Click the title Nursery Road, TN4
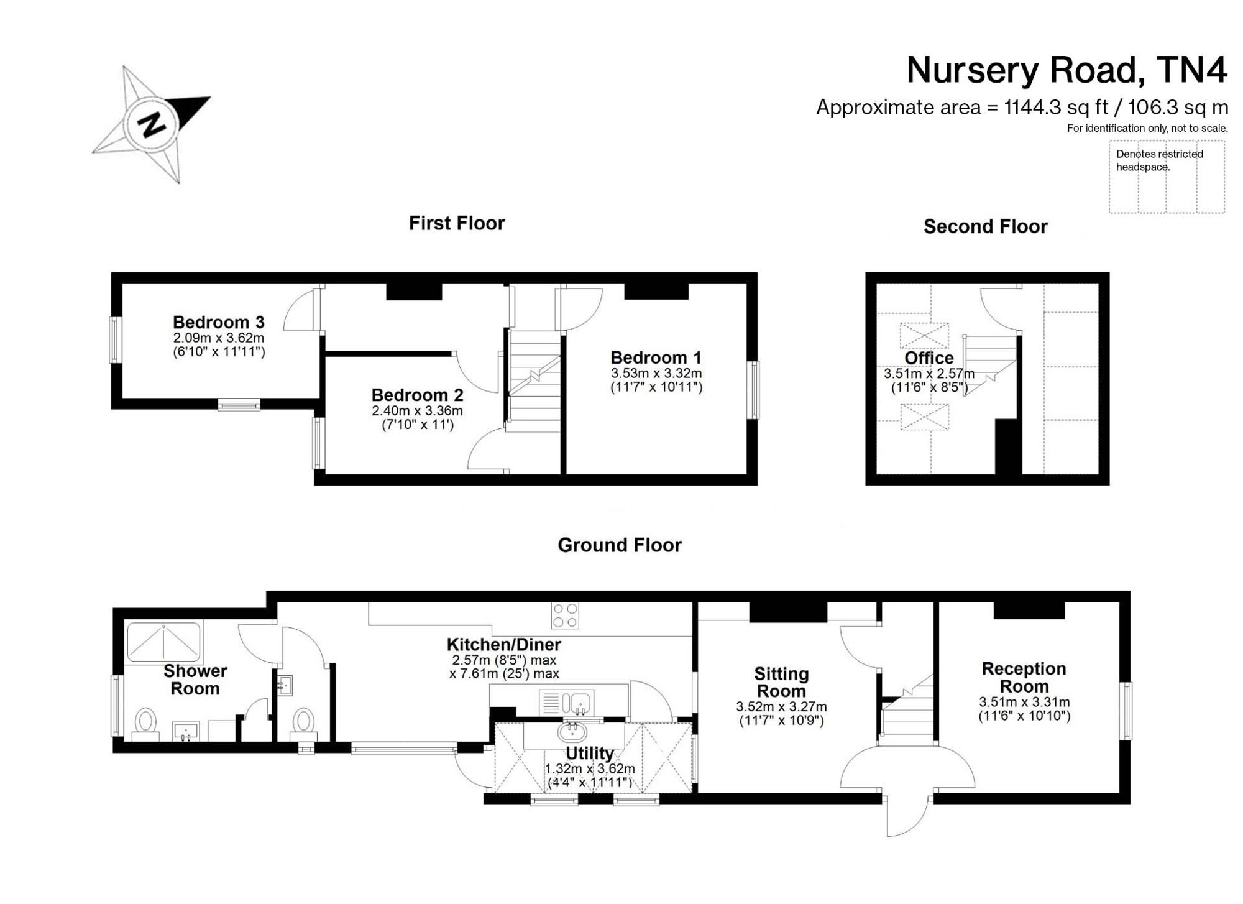(1066, 70)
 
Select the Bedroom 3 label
(219, 322)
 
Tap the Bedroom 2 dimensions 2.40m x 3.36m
(418, 411)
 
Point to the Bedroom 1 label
(656, 357)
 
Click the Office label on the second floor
(929, 358)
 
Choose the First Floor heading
(457, 223)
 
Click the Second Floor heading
(986, 226)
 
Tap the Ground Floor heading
(620, 545)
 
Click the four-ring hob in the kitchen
(565, 616)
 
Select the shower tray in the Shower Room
(164, 641)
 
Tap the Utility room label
(590, 753)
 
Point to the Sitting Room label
(781, 682)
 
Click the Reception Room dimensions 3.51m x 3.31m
(1024, 702)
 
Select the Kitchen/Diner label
(504, 644)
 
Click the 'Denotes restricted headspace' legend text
(1160, 160)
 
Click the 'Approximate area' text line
(1022, 108)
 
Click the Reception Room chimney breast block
(1029, 610)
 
